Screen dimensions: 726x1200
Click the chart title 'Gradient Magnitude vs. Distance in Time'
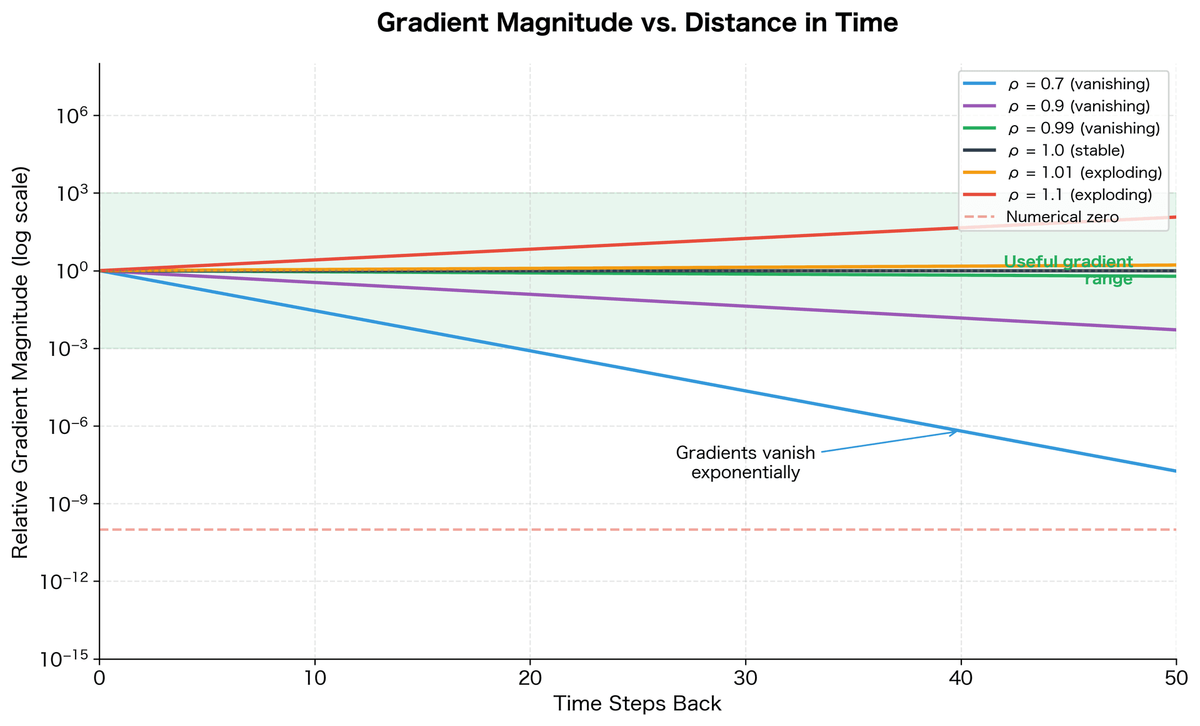(637, 24)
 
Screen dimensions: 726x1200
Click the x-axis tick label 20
(529, 678)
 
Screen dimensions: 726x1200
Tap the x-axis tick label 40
(961, 678)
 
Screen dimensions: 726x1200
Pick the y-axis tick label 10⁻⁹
(68, 504)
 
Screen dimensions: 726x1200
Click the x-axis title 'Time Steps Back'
(637, 704)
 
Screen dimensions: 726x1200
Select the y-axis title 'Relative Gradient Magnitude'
(20, 363)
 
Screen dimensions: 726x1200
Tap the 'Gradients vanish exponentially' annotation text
(745, 462)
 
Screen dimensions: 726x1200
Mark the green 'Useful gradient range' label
(1068, 270)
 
